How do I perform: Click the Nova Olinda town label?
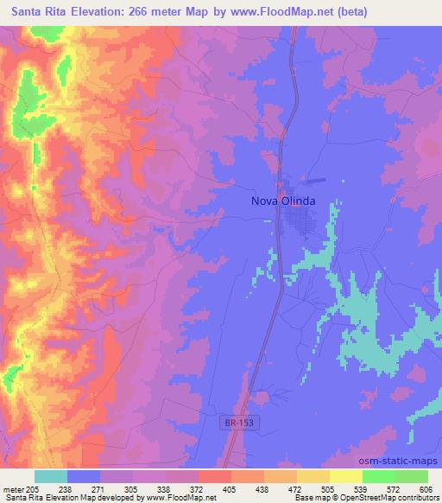(282, 201)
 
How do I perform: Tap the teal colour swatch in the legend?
(51, 476)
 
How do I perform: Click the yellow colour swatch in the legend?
(345, 476)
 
